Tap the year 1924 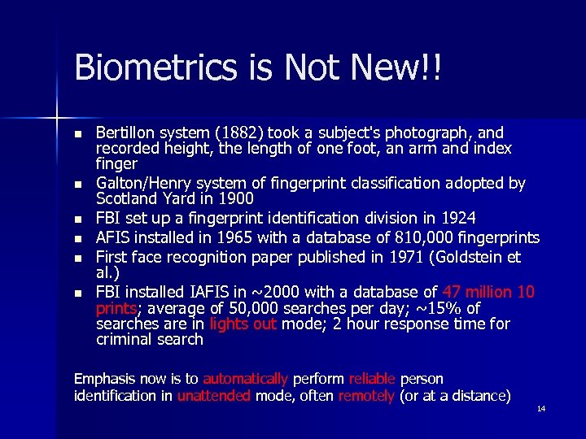point(456,218)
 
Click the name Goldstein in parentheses point(471,257)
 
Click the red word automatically point(245,379)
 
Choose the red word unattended point(214,396)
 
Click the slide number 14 point(541,409)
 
